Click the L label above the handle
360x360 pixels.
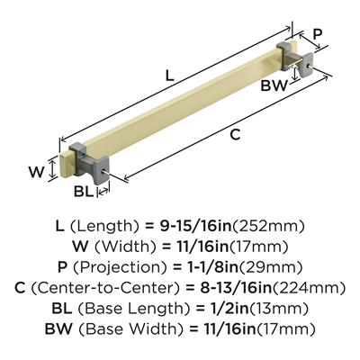(170, 76)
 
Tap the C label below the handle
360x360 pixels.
(235, 135)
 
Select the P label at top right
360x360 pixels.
(317, 34)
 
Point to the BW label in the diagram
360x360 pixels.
(274, 86)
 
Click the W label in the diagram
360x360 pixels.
(37, 172)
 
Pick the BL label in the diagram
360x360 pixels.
(84, 192)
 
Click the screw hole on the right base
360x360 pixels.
(309, 64)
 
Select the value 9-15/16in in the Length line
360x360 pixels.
(195, 226)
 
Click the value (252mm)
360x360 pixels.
(268, 226)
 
